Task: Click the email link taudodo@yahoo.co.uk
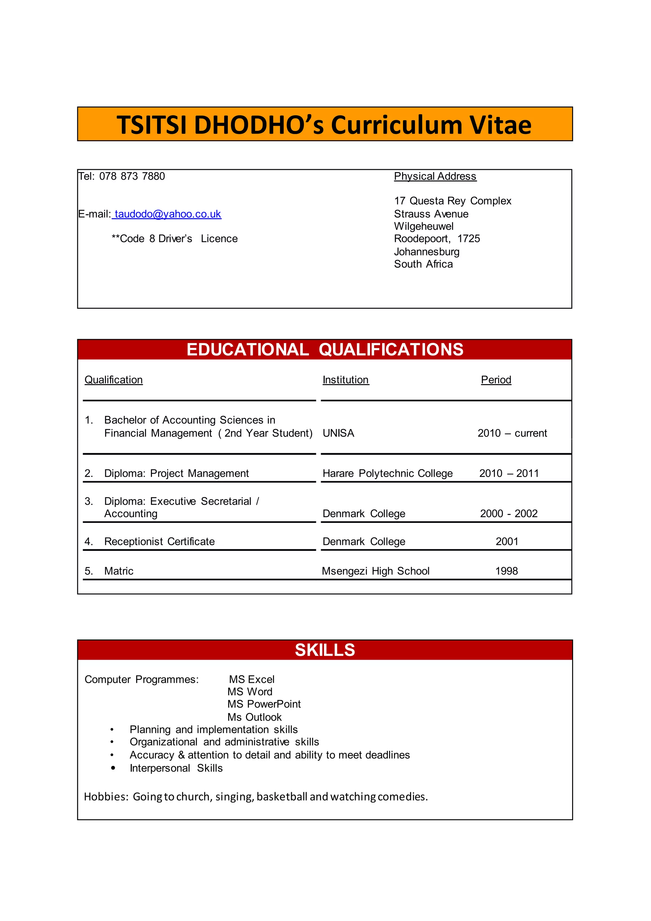click(x=168, y=214)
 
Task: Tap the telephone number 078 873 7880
click(x=132, y=177)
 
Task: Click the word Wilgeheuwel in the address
click(x=424, y=227)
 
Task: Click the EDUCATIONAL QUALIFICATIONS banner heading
click(x=325, y=350)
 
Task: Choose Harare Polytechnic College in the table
click(x=387, y=474)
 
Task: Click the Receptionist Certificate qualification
click(x=159, y=542)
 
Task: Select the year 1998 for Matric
click(x=506, y=571)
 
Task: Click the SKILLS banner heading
click(x=325, y=650)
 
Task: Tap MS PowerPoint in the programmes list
click(x=264, y=704)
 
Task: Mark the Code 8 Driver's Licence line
click(x=175, y=239)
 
